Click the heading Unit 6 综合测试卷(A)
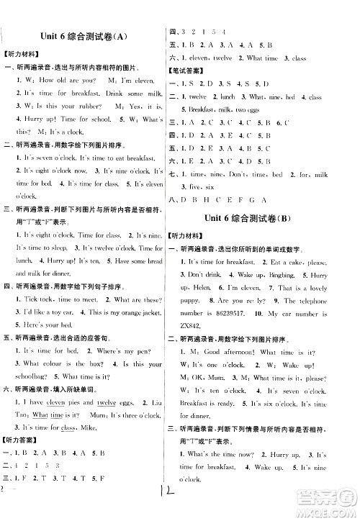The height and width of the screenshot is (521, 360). (x=86, y=37)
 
